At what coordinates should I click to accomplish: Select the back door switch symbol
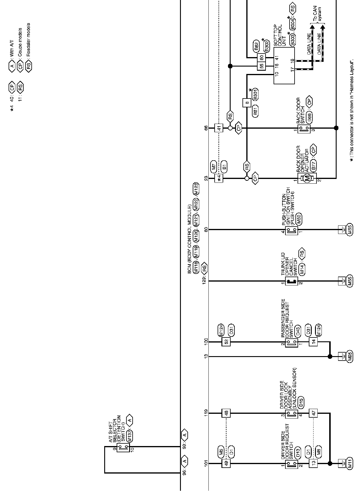point(304,128)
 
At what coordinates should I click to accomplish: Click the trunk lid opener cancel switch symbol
point(291,281)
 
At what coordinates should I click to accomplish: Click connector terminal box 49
point(226,463)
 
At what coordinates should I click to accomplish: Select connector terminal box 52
point(226,342)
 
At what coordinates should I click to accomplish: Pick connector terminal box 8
point(247,103)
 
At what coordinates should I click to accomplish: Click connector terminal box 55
point(261,66)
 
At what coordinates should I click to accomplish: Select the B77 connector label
point(314,165)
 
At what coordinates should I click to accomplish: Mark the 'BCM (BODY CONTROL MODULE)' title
point(190,234)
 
